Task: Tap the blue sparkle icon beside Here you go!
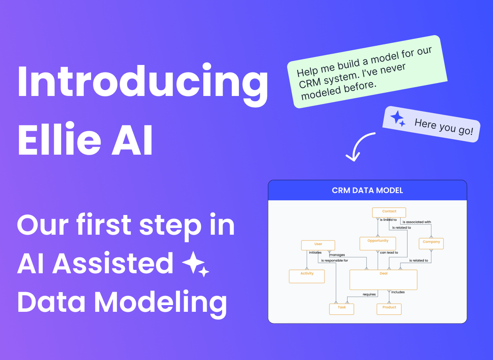[x=397, y=118]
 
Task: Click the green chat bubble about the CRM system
[x=364, y=72]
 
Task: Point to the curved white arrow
[x=359, y=146]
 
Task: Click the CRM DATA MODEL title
[x=367, y=190]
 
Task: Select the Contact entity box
[x=389, y=212]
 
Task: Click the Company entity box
[x=431, y=243]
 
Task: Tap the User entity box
[x=318, y=245]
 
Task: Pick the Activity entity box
[x=307, y=276]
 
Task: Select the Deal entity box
[x=383, y=280]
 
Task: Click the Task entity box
[x=342, y=309]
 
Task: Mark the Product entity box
[x=389, y=309]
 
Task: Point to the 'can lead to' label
[x=389, y=253]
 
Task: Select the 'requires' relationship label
[x=369, y=294]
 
